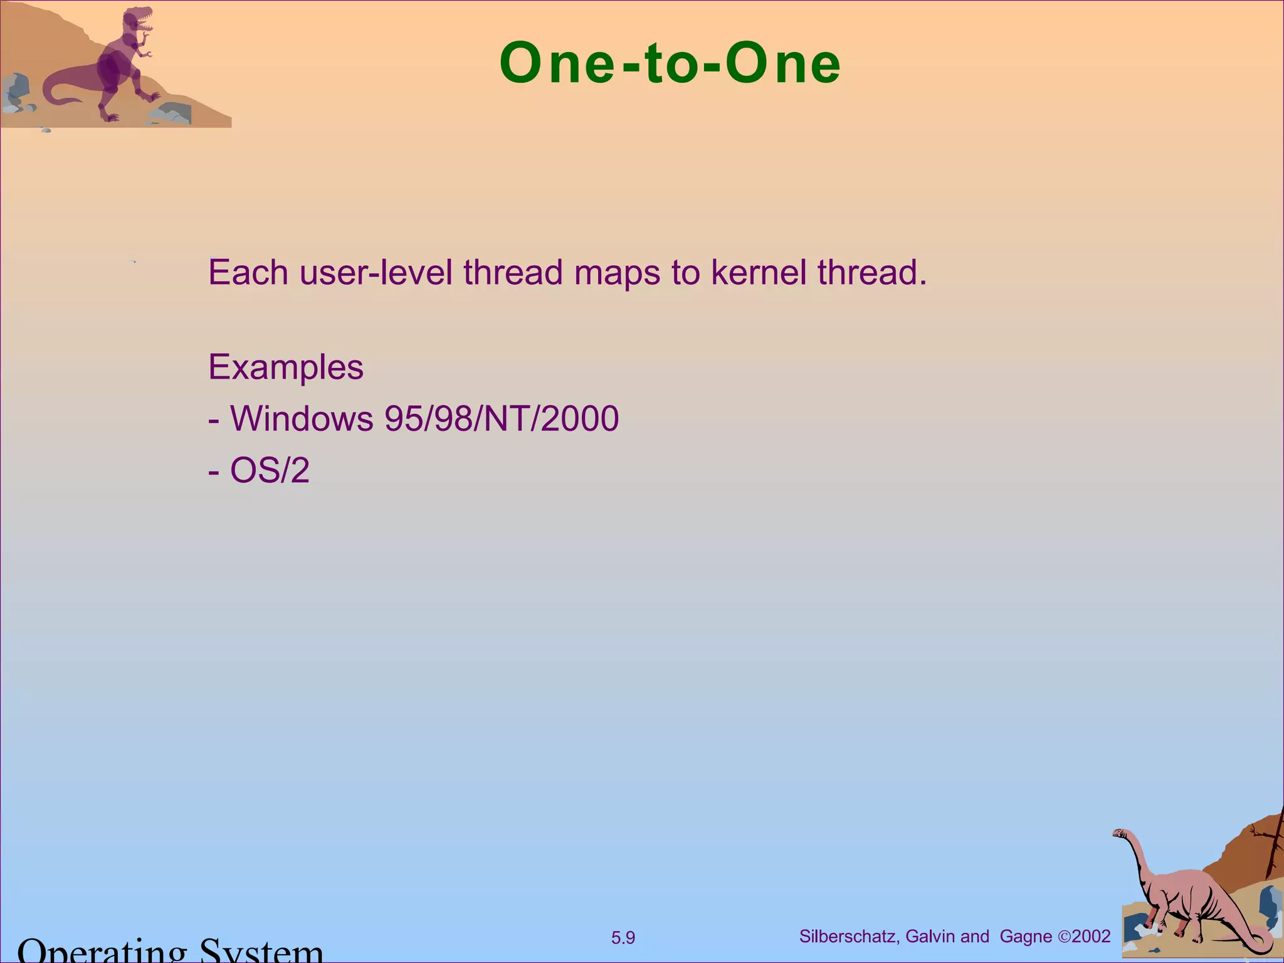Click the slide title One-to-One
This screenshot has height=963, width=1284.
(x=670, y=63)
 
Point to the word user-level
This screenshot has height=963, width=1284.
(x=376, y=273)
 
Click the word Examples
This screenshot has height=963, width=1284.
(x=285, y=367)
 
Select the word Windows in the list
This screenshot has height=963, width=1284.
(x=302, y=419)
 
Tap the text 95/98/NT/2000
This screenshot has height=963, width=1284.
(x=502, y=419)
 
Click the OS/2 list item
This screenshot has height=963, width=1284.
(x=270, y=470)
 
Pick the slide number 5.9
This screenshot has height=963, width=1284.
(x=623, y=938)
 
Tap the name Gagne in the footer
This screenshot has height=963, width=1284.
(x=1026, y=937)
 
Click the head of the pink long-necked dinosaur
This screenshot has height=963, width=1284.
(x=1120, y=834)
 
